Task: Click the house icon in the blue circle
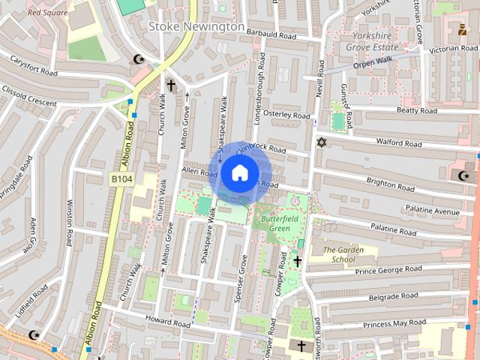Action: click(x=238, y=173)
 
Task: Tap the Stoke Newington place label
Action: click(x=196, y=26)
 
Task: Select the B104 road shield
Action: click(x=121, y=179)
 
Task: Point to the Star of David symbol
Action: click(x=322, y=142)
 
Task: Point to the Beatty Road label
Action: click(x=416, y=111)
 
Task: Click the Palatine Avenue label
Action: click(x=432, y=211)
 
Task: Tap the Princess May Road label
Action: click(x=394, y=323)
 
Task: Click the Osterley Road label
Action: click(x=286, y=115)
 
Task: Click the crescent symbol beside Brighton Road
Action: click(x=463, y=175)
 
